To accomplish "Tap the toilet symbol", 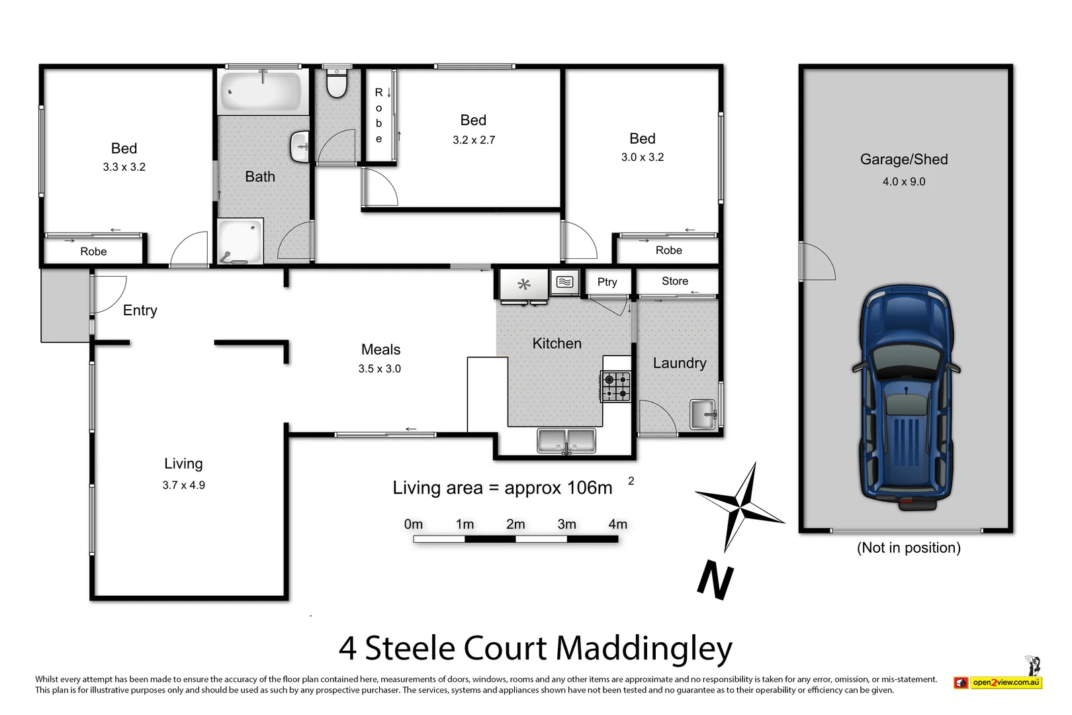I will coord(337,85).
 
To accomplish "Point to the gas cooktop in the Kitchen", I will coord(615,387).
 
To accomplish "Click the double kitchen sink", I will coord(566,440).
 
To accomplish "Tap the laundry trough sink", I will coord(703,414).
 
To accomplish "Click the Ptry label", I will coord(607,282).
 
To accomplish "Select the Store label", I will coord(674,281).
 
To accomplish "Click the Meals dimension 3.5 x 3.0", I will coord(379,369).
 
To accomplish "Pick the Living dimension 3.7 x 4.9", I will coord(183,485).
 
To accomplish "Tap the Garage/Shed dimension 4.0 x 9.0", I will coord(903,181).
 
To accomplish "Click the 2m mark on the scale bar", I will coord(515,524).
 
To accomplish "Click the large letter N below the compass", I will coord(716,580).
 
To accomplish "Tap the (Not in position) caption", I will coord(908,548).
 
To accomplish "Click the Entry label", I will coord(140,310).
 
